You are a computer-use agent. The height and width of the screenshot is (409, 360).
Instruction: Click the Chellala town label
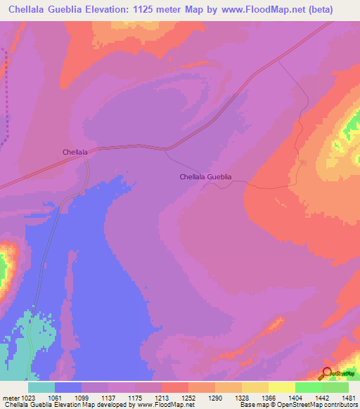coord(75,152)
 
